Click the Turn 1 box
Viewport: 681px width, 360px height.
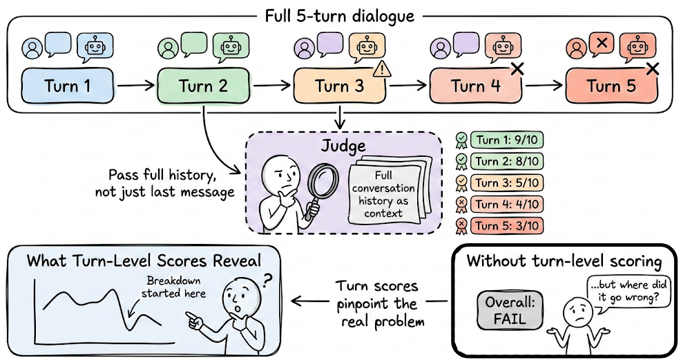point(66,86)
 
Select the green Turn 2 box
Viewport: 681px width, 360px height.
point(202,86)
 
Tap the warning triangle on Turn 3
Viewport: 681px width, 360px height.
point(381,69)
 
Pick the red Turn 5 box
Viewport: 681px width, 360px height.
point(611,86)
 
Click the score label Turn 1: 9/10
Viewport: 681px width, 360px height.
point(506,141)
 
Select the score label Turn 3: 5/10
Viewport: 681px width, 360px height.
point(506,183)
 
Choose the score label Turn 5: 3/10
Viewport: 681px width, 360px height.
point(506,225)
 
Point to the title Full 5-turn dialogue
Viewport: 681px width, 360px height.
point(340,15)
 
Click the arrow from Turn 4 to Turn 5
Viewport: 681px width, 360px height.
point(542,87)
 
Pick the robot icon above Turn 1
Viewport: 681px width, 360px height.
point(95,46)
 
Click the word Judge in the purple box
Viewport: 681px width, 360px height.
point(343,146)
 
